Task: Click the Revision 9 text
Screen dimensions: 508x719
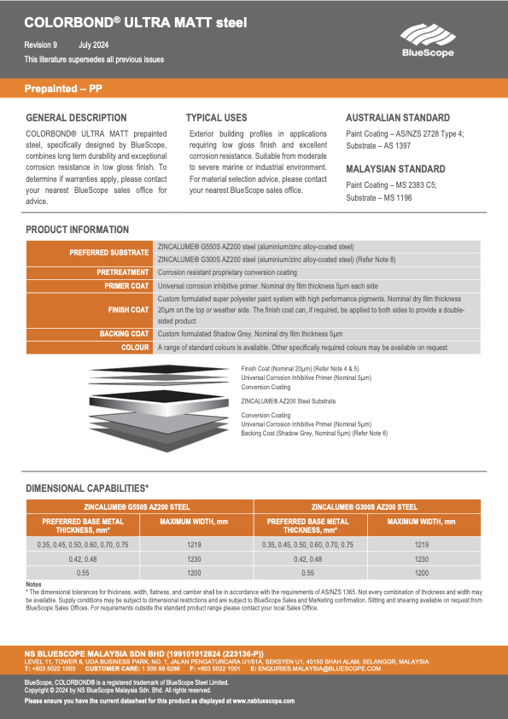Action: (x=41, y=44)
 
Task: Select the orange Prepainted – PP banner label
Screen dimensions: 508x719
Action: (x=65, y=89)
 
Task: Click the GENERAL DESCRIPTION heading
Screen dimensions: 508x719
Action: (x=76, y=118)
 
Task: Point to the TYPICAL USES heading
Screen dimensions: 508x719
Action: (x=216, y=118)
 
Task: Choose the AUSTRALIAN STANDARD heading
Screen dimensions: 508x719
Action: (x=397, y=118)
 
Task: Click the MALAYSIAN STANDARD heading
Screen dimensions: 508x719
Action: (x=395, y=169)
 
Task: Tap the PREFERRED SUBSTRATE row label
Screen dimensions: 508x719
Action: (x=108, y=253)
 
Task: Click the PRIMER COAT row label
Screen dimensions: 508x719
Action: (x=126, y=285)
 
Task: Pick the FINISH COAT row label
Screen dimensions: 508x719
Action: (x=128, y=310)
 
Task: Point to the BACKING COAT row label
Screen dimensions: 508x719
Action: (x=124, y=334)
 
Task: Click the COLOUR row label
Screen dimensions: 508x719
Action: (x=135, y=348)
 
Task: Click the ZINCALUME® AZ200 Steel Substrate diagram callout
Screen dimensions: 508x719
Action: (x=288, y=400)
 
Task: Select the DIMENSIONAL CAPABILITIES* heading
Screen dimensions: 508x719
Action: (x=87, y=488)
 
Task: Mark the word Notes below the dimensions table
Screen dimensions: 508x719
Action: (x=34, y=584)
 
